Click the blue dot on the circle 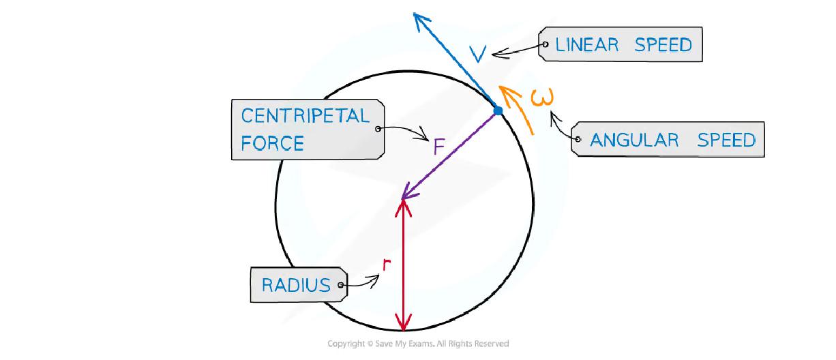pos(498,110)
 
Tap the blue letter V pos(479,55)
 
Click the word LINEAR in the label pos(587,45)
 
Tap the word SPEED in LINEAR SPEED pos(663,45)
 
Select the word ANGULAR pos(634,140)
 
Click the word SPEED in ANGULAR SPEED pos(726,140)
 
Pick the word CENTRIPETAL pos(305,116)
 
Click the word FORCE pos(272,143)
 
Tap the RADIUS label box pos(299,285)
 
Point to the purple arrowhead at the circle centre pos(406,196)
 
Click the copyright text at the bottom pos(418,344)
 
